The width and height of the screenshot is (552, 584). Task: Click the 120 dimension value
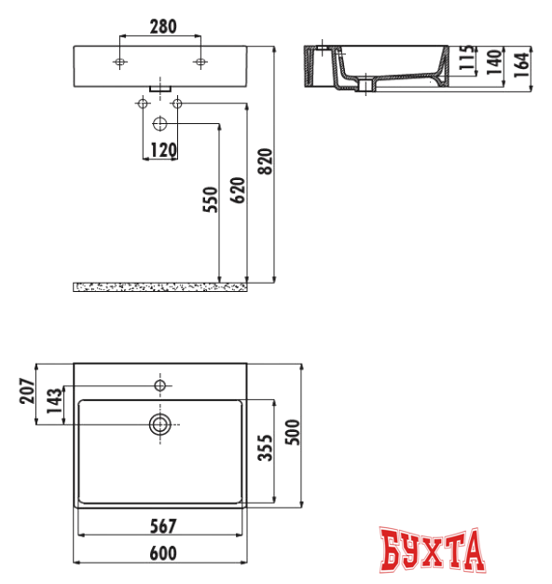pyautogui.click(x=162, y=150)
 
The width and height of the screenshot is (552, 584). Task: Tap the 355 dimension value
pyautogui.click(x=265, y=451)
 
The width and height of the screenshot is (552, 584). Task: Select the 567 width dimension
pyautogui.click(x=161, y=525)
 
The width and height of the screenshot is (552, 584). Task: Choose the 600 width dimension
pyautogui.click(x=162, y=553)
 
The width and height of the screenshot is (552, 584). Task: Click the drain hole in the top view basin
pyautogui.click(x=160, y=425)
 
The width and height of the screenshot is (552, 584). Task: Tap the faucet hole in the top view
pyautogui.click(x=160, y=384)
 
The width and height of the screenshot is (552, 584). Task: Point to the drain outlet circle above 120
pyautogui.click(x=159, y=123)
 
